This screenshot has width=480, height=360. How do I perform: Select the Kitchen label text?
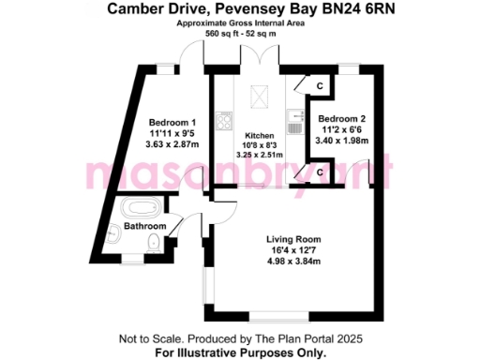tap(259, 134)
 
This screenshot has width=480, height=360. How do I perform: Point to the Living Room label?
tap(293, 238)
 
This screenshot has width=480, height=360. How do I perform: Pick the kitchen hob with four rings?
tap(224, 121)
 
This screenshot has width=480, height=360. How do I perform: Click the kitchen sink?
tap(293, 122)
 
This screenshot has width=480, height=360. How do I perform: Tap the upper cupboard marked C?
tap(320, 86)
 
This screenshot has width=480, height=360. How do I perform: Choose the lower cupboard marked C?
tap(320, 172)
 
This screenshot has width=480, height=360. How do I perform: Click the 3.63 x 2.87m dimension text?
tap(172, 146)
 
